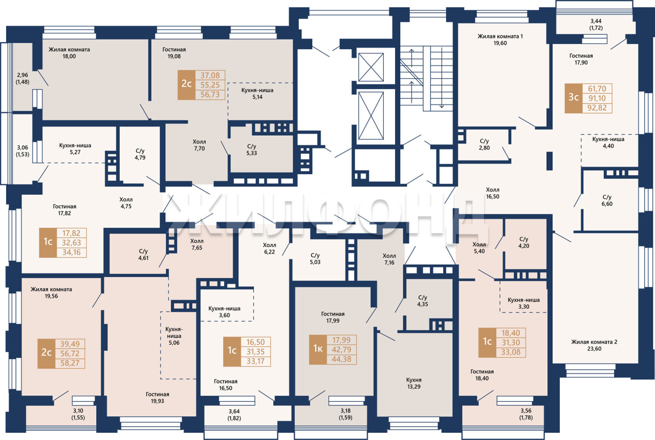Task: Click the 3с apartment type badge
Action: [x=574, y=98]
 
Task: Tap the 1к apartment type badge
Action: [x=318, y=349]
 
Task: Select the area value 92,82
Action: [x=597, y=108]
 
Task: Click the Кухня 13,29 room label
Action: [x=414, y=383]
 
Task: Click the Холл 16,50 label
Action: [x=493, y=193]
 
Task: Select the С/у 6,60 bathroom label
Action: [x=607, y=200]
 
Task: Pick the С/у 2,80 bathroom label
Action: [x=484, y=144]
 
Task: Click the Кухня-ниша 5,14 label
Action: [x=257, y=93]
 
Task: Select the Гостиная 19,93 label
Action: [x=157, y=397]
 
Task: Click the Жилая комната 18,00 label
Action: [x=69, y=53]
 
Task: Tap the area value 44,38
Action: [x=341, y=359]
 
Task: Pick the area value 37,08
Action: [x=210, y=75]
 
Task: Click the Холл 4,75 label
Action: [x=126, y=202]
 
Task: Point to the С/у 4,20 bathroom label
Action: [x=523, y=242]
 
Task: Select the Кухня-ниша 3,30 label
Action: [x=523, y=303]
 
